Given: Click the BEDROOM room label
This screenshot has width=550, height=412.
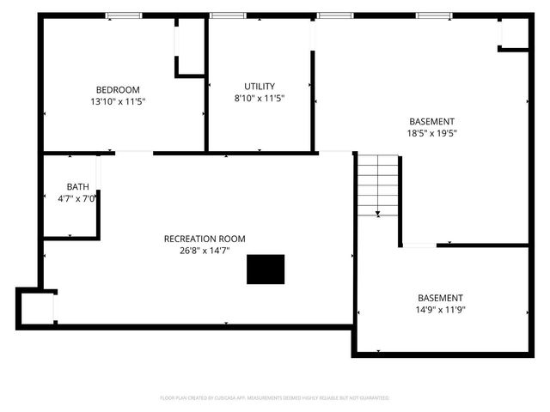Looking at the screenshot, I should tap(117, 89).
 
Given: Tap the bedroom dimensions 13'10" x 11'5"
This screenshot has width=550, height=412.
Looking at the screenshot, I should tap(117, 101).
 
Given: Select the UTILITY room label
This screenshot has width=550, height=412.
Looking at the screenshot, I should tap(260, 86).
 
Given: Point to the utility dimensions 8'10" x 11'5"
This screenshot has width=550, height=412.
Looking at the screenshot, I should tap(260, 98).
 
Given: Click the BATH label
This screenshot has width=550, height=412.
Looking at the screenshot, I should tap(77, 186).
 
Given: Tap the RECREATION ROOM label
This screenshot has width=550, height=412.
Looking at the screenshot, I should tap(205, 239).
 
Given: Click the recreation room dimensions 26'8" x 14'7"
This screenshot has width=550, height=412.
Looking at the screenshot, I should tap(205, 251).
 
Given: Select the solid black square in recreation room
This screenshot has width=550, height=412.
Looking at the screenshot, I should tap(266, 269).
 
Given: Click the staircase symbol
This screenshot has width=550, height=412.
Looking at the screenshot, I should tap(378, 185).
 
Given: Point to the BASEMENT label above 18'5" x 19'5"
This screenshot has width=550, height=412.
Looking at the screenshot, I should tap(431, 121).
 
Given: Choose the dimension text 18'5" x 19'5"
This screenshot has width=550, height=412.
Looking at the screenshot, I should tap(431, 133).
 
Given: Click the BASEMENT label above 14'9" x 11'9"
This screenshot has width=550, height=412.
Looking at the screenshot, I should tap(440, 298).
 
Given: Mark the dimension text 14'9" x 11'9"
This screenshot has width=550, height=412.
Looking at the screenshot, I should tap(440, 310).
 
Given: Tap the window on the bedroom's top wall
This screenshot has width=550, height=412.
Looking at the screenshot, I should tap(124, 15).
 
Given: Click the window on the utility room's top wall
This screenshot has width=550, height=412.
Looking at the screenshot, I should tap(228, 15).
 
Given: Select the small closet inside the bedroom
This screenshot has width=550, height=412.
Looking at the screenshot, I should tap(190, 47).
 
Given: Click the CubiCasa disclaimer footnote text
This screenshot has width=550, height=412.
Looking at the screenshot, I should tap(274, 398).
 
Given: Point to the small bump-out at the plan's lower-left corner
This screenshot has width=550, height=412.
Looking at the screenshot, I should tap(36, 306).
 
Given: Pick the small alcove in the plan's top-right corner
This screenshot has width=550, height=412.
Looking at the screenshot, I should tap(514, 33).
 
